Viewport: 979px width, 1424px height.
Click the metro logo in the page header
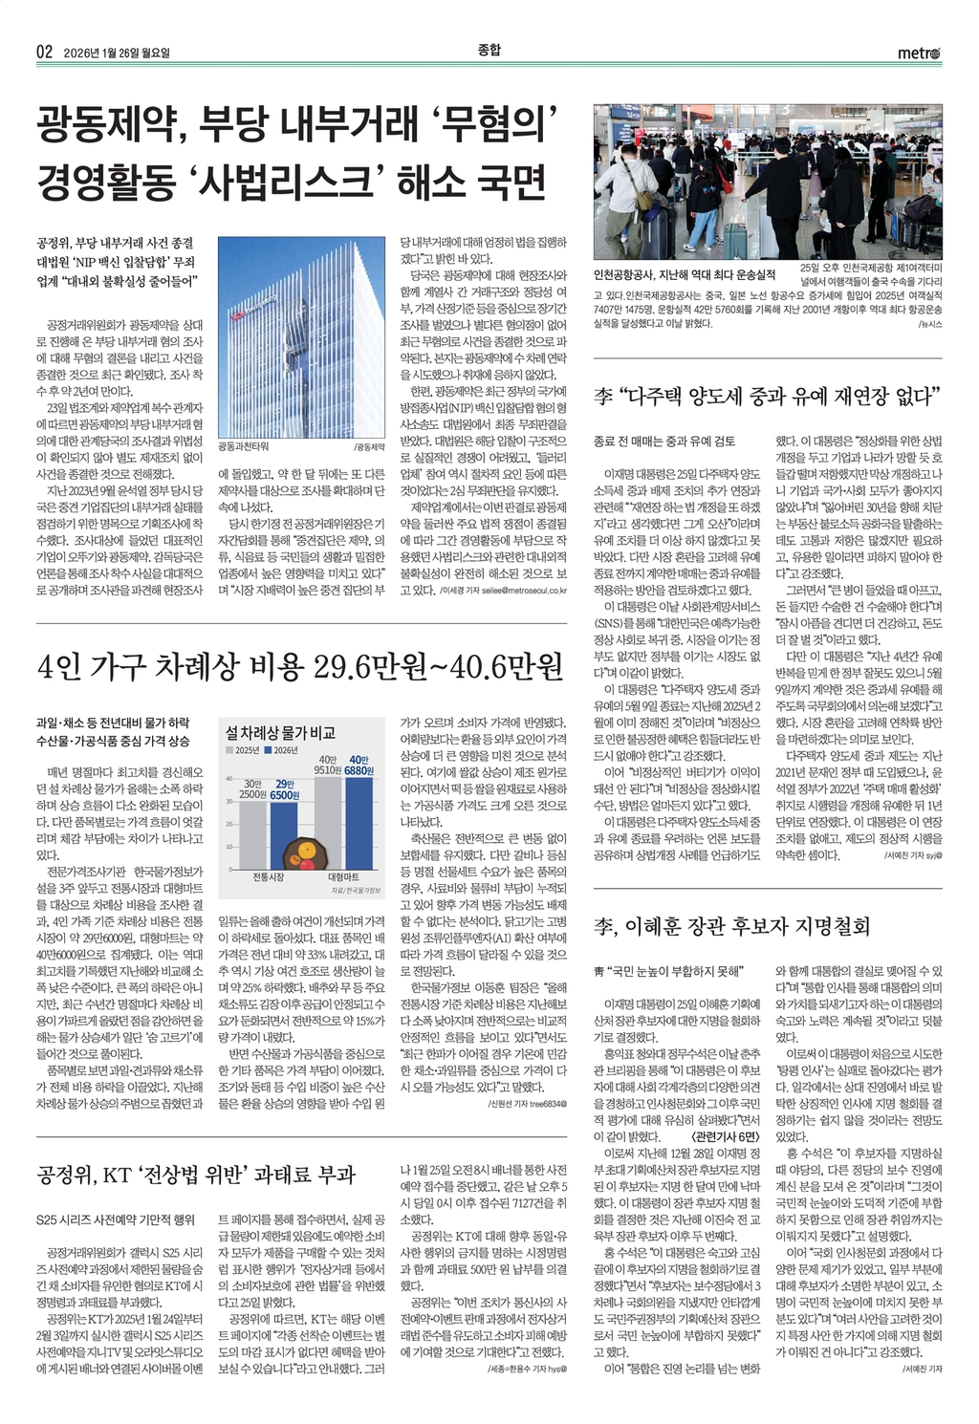coord(919,53)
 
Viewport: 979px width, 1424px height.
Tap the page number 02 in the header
coord(45,53)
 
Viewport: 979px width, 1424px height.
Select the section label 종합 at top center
coord(489,50)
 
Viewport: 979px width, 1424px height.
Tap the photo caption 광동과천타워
coord(244,445)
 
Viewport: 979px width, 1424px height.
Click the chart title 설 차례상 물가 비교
coord(280,733)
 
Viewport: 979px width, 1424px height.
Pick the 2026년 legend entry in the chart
coord(286,750)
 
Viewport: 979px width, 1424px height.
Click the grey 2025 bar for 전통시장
coord(252,832)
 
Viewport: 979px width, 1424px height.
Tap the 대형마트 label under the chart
coord(343,877)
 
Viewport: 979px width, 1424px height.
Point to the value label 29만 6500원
coord(284,789)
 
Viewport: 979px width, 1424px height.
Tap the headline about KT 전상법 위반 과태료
coord(196,1175)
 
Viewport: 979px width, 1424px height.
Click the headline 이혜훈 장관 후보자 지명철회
coord(731,924)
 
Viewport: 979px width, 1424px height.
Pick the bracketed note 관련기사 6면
coord(724,1136)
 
